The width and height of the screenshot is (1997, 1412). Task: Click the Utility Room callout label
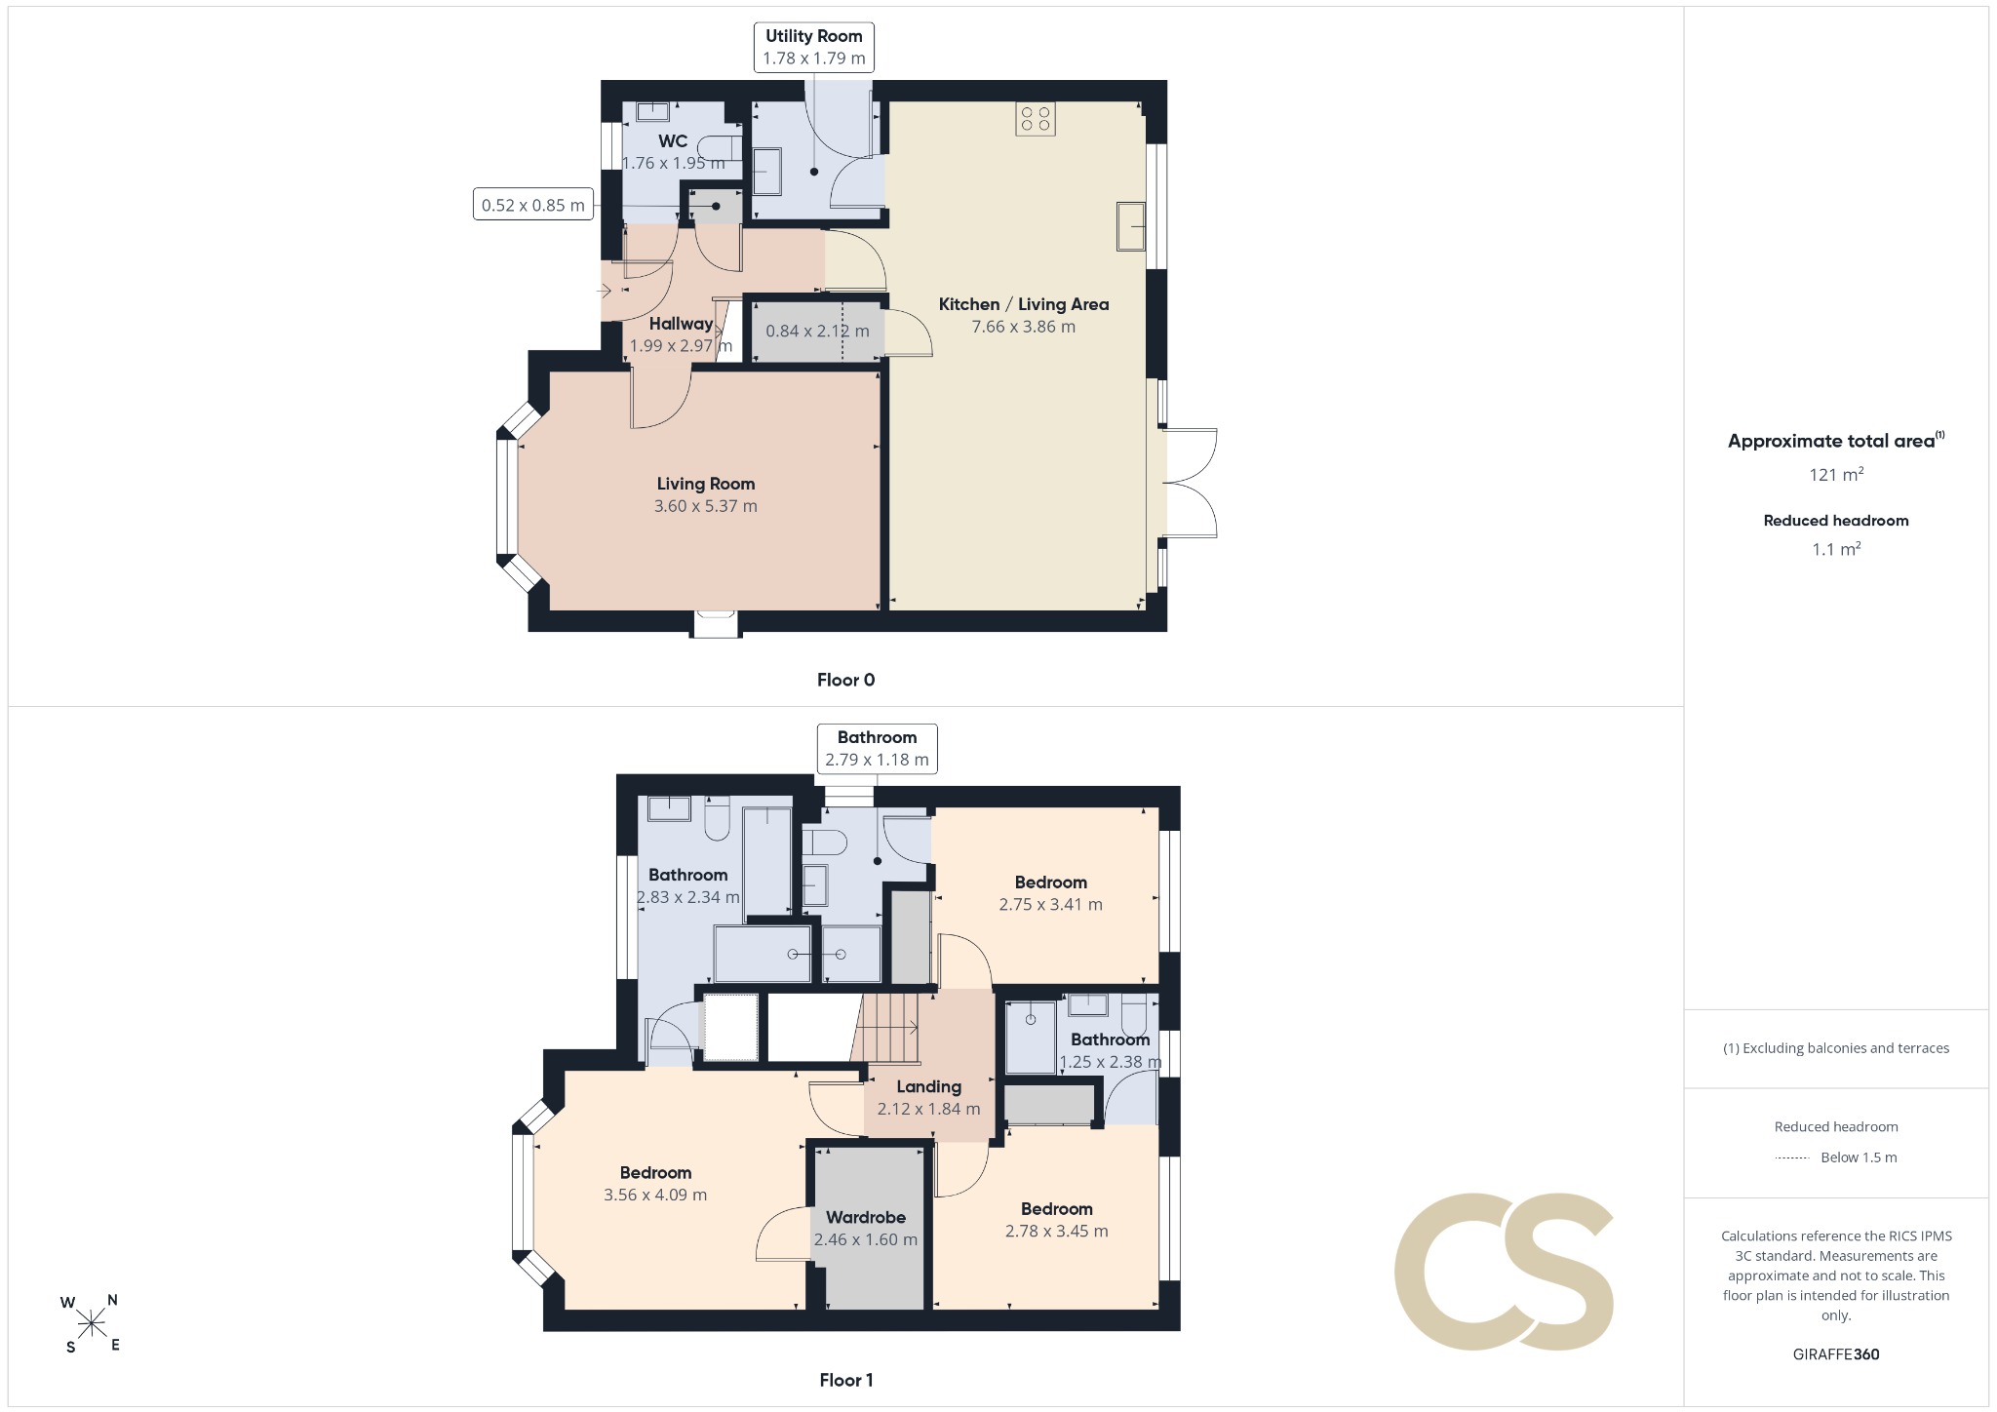tap(813, 47)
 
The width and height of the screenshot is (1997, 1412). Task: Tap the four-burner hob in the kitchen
tap(1035, 119)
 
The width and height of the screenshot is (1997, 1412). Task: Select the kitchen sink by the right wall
tap(1131, 226)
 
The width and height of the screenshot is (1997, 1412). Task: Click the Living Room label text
tap(705, 484)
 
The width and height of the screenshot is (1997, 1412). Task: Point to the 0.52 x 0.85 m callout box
tap(533, 204)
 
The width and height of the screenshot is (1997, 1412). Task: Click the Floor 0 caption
tap(845, 680)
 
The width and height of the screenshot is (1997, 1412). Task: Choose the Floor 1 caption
tap(845, 1380)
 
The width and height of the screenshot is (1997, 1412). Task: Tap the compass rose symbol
tap(91, 1323)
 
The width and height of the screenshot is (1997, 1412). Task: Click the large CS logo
tap(1504, 1272)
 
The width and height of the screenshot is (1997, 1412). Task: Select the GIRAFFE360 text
tap(1835, 1353)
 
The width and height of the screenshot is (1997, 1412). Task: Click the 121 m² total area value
tap(1836, 474)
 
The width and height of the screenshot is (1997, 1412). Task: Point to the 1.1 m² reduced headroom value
tap(1836, 549)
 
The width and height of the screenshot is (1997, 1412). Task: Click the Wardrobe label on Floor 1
tap(866, 1217)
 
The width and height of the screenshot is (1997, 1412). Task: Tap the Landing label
tap(928, 1086)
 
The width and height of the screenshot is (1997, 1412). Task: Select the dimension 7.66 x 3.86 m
tap(1023, 327)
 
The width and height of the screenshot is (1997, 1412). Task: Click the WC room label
tap(673, 141)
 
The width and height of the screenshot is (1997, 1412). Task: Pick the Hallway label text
tap(681, 324)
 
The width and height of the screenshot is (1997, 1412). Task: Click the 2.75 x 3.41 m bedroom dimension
tap(1050, 904)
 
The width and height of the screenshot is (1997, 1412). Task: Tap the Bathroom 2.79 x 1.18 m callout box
tap(877, 749)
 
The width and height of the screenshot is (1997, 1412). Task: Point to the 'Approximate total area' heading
tap(1831, 441)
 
